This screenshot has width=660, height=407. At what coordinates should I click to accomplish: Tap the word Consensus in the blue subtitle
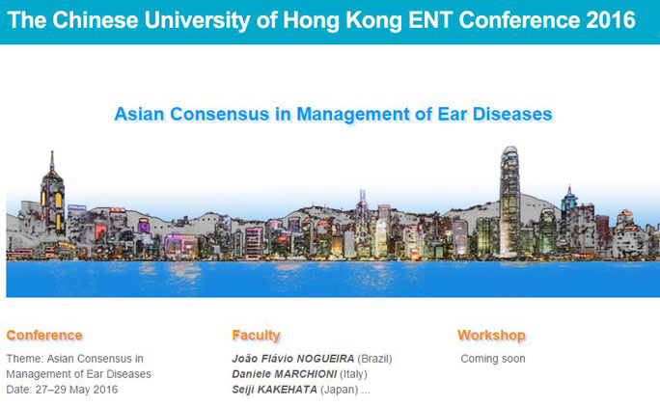219,114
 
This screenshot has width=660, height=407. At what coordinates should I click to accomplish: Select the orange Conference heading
44,335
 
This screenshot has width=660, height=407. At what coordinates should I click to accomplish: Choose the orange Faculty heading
256,335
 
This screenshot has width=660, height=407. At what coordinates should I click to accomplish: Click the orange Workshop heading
491,335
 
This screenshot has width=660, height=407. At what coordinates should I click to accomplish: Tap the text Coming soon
493,359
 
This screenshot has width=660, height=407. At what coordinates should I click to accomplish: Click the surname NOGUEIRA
325,359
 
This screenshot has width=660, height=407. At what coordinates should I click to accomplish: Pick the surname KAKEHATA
288,390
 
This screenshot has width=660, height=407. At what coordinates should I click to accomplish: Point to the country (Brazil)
375,359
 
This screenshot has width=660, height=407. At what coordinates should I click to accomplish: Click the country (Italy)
353,374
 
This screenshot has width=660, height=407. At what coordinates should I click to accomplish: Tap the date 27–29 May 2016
76,390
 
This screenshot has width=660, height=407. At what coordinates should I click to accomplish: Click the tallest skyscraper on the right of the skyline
509,202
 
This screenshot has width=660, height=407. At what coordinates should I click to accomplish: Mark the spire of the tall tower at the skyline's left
52,161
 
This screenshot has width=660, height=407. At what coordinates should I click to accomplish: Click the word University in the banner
197,20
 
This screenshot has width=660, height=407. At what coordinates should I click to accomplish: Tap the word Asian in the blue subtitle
139,114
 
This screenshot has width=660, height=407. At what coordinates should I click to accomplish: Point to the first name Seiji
243,390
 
